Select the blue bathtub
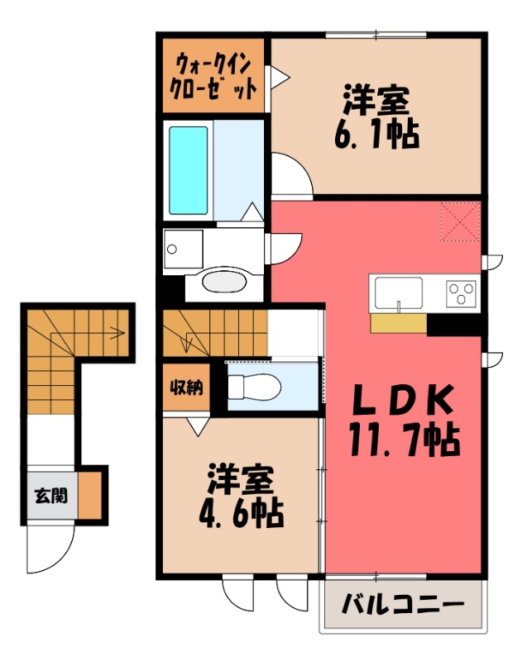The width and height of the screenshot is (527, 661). [x=189, y=169]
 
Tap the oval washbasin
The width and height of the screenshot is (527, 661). [x=224, y=281]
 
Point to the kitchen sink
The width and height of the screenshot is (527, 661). [x=398, y=292]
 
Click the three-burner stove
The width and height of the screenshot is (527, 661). [x=462, y=292]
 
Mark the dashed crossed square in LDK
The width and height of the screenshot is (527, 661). [x=460, y=221]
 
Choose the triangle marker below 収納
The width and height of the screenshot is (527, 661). [x=197, y=426]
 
